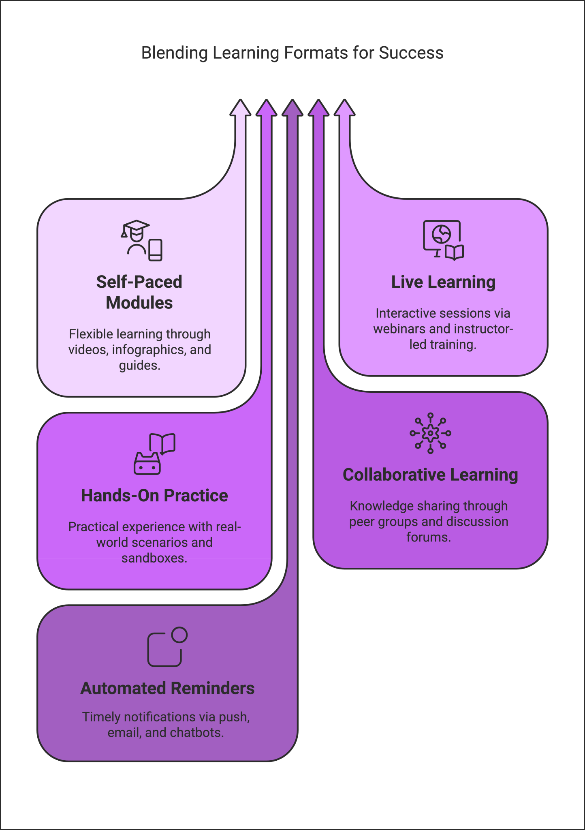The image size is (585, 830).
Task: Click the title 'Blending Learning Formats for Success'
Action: pyautogui.click(x=292, y=53)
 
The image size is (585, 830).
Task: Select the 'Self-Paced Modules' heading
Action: pyautogui.click(x=139, y=292)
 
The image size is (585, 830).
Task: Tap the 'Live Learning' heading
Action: pyautogui.click(x=443, y=282)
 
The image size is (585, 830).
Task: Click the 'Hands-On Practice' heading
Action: pyautogui.click(x=154, y=496)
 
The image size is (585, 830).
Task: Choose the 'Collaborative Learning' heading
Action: pyautogui.click(x=430, y=475)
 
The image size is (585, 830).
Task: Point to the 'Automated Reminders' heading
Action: pyautogui.click(x=167, y=689)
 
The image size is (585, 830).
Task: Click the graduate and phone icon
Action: pyautogui.click(x=142, y=241)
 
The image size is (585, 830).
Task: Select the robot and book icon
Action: pyautogui.click(x=154, y=454)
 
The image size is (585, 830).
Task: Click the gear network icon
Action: pyautogui.click(x=430, y=433)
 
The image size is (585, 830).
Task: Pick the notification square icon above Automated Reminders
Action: pyautogui.click(x=167, y=647)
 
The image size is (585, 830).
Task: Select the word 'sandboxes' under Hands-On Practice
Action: pyautogui.click(x=154, y=558)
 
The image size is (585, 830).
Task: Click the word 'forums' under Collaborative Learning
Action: pyautogui.click(x=429, y=537)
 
